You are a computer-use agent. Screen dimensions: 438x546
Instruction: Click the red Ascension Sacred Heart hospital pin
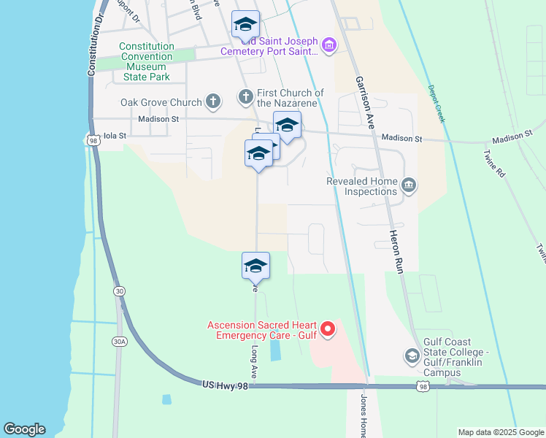328,330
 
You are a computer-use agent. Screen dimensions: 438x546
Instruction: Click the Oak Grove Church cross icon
213,101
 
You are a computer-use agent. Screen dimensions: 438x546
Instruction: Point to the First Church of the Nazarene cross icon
246,96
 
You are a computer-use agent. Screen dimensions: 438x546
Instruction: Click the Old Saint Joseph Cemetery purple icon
328,47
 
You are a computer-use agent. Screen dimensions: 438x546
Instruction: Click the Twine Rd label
494,164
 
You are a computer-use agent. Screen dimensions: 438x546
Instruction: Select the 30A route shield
120,341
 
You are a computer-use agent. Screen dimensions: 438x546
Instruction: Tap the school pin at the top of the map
246,25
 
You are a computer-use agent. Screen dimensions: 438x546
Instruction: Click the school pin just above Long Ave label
255,265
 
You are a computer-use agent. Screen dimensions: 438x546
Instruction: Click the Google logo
24,429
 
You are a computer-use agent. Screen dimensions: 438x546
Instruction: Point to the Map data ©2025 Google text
501,432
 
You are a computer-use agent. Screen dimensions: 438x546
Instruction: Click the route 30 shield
118,291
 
